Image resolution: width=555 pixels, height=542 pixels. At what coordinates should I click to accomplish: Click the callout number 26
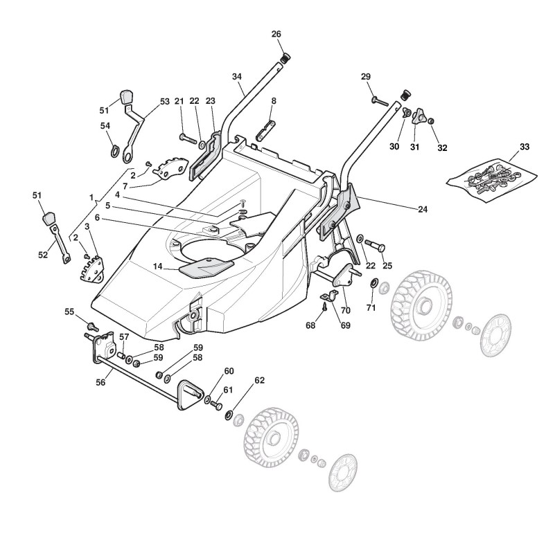(x=276, y=34)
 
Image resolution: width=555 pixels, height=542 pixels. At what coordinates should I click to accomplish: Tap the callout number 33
(x=525, y=147)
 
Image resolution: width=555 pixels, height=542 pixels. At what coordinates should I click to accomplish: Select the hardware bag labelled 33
(x=488, y=175)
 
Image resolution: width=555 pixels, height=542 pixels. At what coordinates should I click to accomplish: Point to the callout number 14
(x=157, y=267)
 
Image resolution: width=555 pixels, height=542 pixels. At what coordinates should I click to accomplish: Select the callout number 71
(x=371, y=307)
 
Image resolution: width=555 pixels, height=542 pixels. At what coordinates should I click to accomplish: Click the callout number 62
(x=260, y=380)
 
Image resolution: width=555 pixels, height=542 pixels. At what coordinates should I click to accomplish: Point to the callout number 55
(x=70, y=312)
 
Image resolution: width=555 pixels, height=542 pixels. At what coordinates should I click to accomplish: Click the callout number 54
(x=105, y=125)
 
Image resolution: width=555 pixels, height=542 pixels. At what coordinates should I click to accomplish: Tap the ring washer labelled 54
(x=113, y=149)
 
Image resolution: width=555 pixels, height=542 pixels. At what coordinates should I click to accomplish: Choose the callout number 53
(x=164, y=102)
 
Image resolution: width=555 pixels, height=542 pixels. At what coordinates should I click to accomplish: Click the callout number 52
(x=43, y=254)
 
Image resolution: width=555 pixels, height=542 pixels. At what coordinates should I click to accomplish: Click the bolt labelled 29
(x=382, y=101)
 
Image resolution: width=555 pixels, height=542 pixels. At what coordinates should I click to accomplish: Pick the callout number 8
(x=274, y=101)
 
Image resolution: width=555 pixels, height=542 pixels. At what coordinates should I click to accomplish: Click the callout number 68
(x=310, y=325)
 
